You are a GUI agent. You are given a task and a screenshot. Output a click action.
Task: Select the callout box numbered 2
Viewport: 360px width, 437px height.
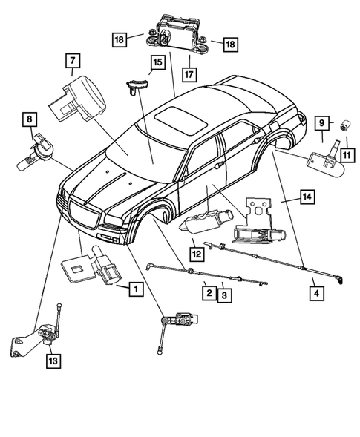pyautogui.click(x=210, y=294)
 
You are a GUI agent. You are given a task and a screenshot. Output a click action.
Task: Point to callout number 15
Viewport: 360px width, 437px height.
pyautogui.click(x=156, y=63)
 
